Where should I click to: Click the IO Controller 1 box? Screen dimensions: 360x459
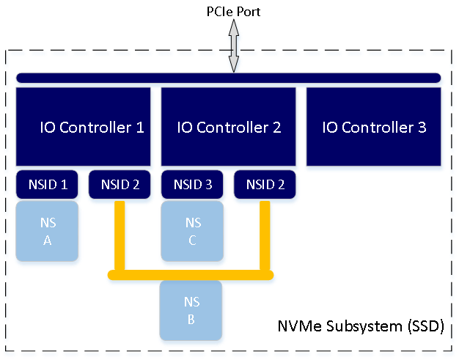pyautogui.click(x=83, y=127)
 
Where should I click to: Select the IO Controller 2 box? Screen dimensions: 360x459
pyautogui.click(x=229, y=127)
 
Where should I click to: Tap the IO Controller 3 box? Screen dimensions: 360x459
pyautogui.click(x=374, y=128)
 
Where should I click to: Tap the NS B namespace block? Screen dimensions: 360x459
pyautogui.click(x=192, y=311)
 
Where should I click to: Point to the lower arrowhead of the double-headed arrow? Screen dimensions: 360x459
pyautogui.click(x=233, y=65)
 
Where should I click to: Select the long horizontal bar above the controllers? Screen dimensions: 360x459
pyautogui.click(x=228, y=78)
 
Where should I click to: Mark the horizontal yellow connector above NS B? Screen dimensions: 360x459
pyautogui.click(x=191, y=275)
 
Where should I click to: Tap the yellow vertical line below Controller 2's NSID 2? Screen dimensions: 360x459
pyautogui.click(x=265, y=235)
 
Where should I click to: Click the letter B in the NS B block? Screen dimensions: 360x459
pyautogui.click(x=192, y=319)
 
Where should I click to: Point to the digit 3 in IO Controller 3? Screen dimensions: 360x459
pyautogui.click(x=422, y=128)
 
